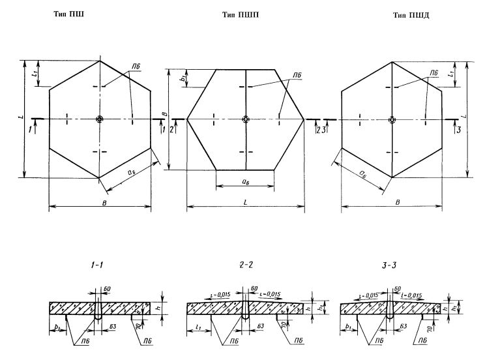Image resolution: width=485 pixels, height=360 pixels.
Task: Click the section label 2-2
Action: pyautogui.click(x=245, y=265)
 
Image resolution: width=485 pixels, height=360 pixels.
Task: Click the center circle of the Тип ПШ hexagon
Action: pyautogui.click(x=99, y=119)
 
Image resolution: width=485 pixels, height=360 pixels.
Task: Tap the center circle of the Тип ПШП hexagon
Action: pyautogui.click(x=245, y=119)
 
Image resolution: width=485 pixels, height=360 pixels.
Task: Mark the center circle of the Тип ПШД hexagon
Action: pyautogui.click(x=392, y=119)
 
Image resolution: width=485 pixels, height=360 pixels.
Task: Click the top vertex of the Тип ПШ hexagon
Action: pyautogui.click(x=99, y=61)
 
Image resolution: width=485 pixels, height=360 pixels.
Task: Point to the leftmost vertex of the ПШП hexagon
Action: pyautogui.click(x=187, y=119)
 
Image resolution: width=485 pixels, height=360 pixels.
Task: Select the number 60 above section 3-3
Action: pyautogui.click(x=398, y=287)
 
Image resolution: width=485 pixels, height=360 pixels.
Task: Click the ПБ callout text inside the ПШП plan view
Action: pyautogui.click(x=297, y=76)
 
